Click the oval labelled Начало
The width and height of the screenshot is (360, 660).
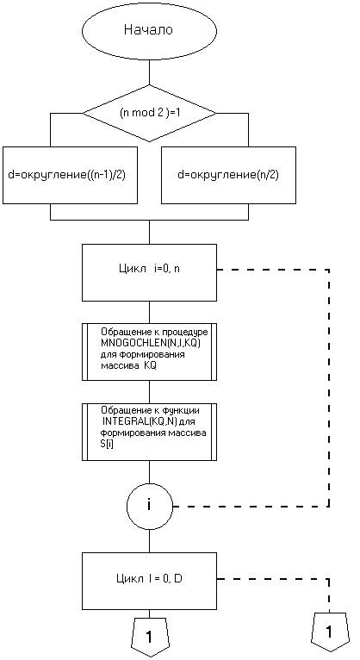[x=149, y=31]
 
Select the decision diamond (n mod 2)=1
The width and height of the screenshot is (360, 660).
[x=149, y=113]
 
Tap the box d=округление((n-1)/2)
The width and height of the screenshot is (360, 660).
[x=70, y=175]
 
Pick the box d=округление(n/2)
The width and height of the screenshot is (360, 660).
[x=228, y=175]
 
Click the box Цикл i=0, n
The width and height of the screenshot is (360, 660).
[x=149, y=272]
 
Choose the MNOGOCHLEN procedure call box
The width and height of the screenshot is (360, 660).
[x=149, y=352]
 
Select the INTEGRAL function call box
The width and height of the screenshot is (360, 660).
[x=149, y=433]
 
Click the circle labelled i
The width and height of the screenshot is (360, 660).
[x=149, y=505]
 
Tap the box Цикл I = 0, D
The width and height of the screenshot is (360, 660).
[x=149, y=582]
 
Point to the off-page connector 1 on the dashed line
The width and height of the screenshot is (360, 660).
[x=329, y=632]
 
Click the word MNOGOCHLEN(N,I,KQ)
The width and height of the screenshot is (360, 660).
[x=152, y=344]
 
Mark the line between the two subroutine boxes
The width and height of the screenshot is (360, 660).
[x=149, y=392]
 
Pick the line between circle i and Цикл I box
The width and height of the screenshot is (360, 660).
[x=149, y=540]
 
